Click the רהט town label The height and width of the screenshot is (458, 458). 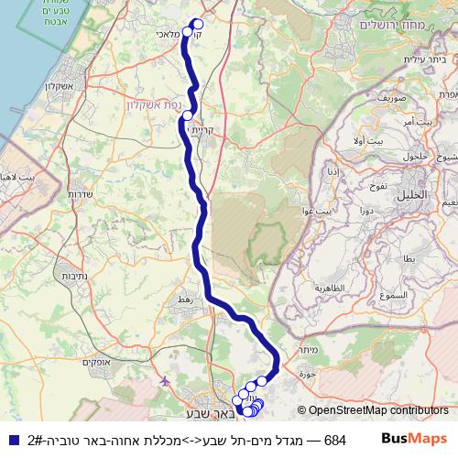185,300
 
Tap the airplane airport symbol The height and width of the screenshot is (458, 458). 164,380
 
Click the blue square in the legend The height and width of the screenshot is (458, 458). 13,439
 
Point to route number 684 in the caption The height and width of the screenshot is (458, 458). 335,440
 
